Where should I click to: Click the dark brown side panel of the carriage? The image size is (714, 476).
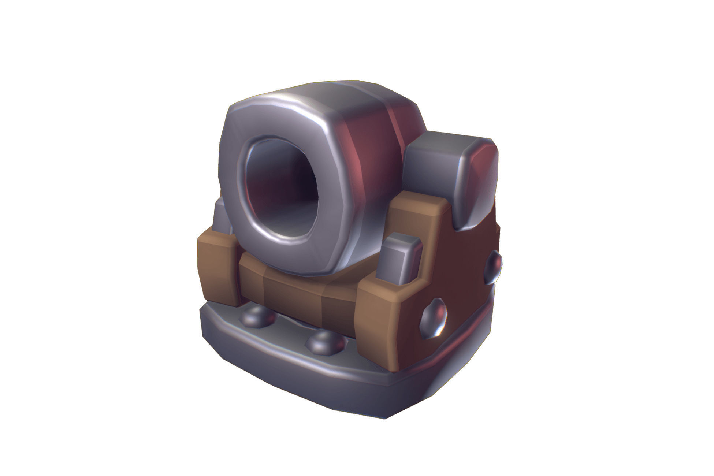coord(465,286)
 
